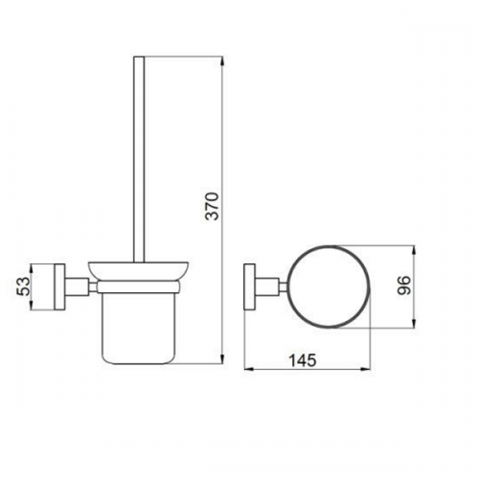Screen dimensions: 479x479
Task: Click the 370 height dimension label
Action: [212, 206]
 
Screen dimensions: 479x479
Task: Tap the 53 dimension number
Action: [23, 286]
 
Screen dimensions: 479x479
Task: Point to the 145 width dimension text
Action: [303, 360]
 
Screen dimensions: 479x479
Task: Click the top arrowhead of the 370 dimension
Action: [222, 60]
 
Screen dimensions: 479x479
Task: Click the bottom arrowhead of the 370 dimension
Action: [222, 359]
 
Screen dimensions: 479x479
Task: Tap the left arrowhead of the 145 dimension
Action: [248, 369]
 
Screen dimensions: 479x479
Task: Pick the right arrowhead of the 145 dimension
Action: [366, 369]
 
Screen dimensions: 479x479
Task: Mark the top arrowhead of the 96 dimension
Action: [414, 250]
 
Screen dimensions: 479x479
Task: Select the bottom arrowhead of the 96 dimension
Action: [414, 323]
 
